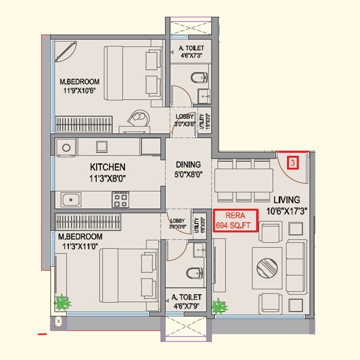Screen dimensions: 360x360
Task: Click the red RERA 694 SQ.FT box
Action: tap(236, 221)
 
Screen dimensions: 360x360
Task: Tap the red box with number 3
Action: tap(293, 164)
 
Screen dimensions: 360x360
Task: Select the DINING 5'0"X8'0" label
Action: tap(188, 169)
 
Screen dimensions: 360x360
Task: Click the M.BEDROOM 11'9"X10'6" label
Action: tap(79, 86)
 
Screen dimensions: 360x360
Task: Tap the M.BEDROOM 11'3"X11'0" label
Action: tap(80, 241)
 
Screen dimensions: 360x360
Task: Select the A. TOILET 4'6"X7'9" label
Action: tap(188, 301)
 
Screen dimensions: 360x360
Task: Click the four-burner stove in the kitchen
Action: tap(120, 200)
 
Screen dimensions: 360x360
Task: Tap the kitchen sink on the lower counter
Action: tap(70, 199)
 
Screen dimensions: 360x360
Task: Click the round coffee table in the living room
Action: tap(267, 268)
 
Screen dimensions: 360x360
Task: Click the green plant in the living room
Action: tap(219, 306)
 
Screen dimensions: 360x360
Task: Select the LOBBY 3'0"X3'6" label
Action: tap(184, 120)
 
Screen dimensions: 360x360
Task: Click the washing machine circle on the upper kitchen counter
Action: tap(66, 148)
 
